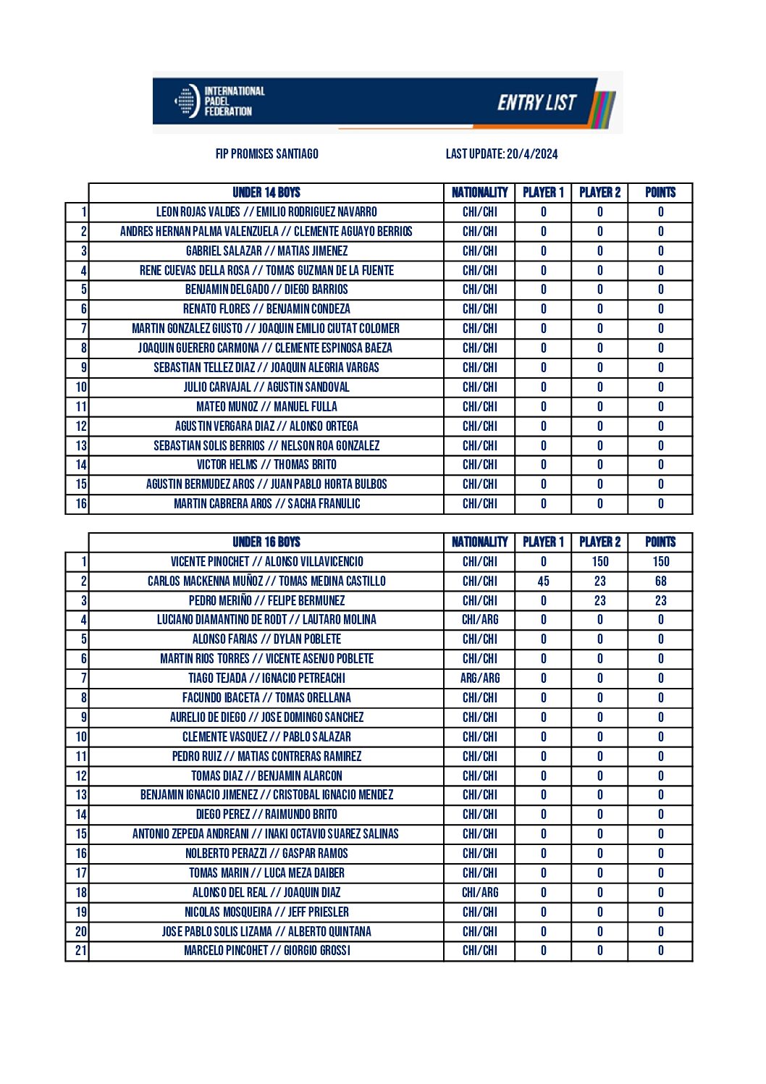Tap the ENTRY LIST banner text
pos(536,103)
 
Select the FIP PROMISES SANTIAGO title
pos(266,154)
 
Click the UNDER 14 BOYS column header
pos(266,193)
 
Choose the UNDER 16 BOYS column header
pos(266,542)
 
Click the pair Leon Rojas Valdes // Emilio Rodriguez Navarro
pos(266,212)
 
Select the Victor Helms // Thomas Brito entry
pos(266,465)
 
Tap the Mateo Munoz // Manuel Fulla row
pos(266,407)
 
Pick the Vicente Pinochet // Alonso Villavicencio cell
pos(266,562)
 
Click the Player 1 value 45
pos(543,581)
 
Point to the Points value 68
pos(660,581)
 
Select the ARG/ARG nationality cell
pos(479,678)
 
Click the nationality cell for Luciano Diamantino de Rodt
pos(479,620)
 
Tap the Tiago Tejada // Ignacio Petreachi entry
pos(266,678)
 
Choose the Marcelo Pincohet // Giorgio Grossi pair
pos(266,951)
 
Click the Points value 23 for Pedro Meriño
pos(660,601)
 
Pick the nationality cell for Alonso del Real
pos(479,893)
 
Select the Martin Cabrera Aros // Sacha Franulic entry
pos(266,504)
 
